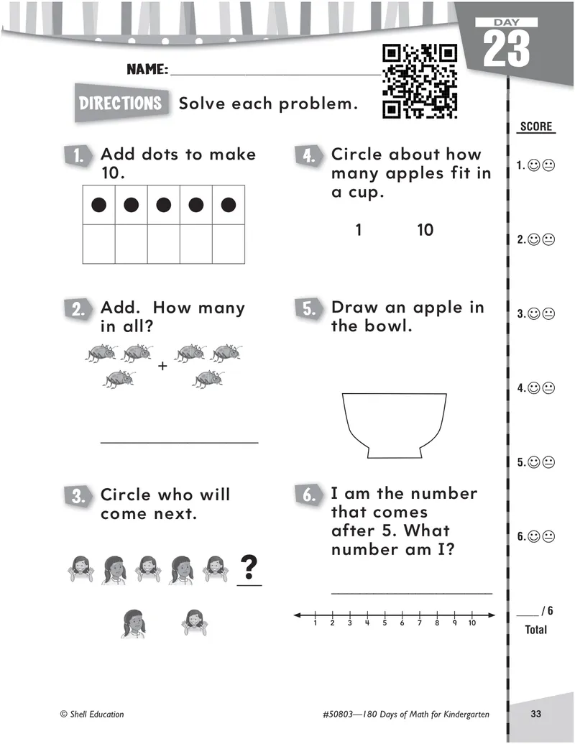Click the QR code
(x=419, y=81)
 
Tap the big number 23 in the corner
(x=506, y=48)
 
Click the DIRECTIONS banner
(x=121, y=103)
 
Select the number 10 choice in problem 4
(x=425, y=230)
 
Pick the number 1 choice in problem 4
(x=359, y=230)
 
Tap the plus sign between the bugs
(x=162, y=366)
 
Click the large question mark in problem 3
(x=249, y=567)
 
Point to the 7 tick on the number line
(x=419, y=616)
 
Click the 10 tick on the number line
(x=472, y=616)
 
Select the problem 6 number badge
(x=309, y=495)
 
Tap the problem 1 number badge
(x=78, y=156)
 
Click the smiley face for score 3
(x=534, y=314)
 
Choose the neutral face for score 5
(x=548, y=462)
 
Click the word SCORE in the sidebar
(x=536, y=127)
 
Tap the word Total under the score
(x=535, y=630)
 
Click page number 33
(x=535, y=714)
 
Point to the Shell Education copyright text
(x=92, y=714)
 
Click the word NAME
(x=147, y=69)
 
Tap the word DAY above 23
(x=506, y=22)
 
